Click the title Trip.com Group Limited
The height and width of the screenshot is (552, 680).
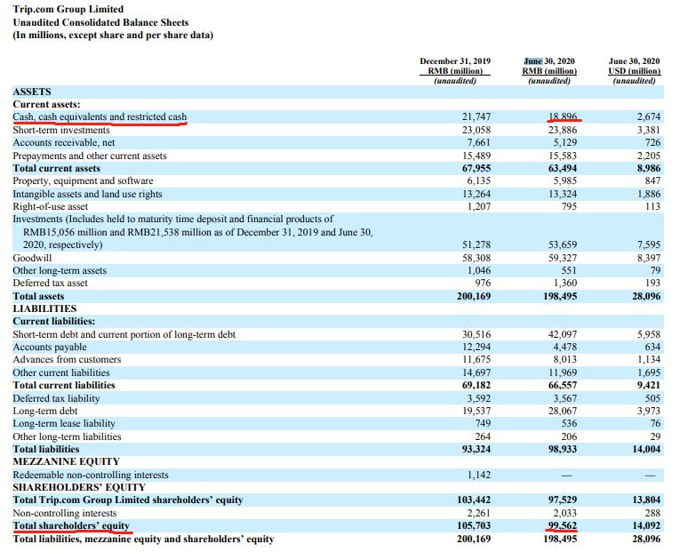(68, 9)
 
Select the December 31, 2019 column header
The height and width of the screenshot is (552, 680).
(455, 61)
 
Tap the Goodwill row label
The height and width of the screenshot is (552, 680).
(32, 258)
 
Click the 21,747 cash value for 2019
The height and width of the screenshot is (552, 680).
(476, 117)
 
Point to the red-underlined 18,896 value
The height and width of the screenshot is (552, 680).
(563, 117)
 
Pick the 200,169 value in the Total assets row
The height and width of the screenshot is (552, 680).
(474, 296)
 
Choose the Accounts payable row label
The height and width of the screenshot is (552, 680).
(50, 347)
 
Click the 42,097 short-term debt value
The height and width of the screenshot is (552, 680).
(563, 334)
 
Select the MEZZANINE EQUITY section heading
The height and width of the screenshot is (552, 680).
(66, 462)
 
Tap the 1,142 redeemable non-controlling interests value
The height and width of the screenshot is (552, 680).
(479, 475)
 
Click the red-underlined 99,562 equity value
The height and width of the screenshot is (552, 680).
(563, 525)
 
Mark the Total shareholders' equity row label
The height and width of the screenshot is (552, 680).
(71, 526)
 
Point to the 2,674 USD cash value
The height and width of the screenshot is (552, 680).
(649, 117)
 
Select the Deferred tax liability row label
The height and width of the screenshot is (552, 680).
(56, 398)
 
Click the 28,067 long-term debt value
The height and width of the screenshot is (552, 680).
(563, 411)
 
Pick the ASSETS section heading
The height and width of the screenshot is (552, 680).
(32, 92)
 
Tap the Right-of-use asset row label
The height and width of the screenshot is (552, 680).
(50, 207)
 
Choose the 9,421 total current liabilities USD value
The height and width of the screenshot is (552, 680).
(649, 385)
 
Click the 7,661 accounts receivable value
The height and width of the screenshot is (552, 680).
(479, 142)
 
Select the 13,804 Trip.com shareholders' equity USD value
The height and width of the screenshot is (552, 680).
(646, 500)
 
